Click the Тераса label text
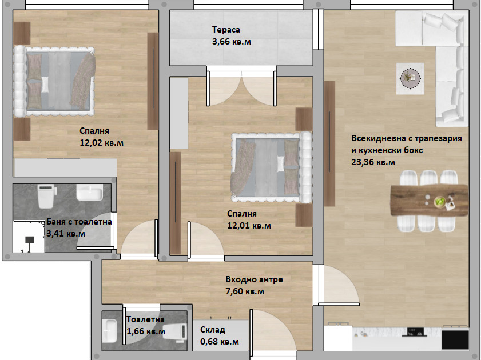pyautogui.click(x=226, y=30)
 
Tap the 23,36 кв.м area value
pyautogui.click(x=373, y=162)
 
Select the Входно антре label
pyautogui.click(x=254, y=279)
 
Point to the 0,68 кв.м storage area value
pyautogui.click(x=219, y=342)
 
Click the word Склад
pyautogui.click(x=213, y=330)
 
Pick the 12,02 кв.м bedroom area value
pyautogui.click(x=102, y=143)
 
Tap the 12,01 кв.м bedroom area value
pyautogui.click(x=249, y=226)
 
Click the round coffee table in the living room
pyautogui.click(x=410, y=78)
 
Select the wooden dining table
pyautogui.click(x=430, y=201)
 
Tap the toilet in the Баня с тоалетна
pyautogui.click(x=46, y=195)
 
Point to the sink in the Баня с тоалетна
pyautogui.click(x=90, y=193)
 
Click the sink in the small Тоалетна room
pyautogui.click(x=109, y=331)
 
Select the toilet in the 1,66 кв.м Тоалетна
pyautogui.click(x=175, y=331)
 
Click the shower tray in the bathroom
pyautogui.click(x=29, y=237)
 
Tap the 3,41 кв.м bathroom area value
pyautogui.click(x=66, y=234)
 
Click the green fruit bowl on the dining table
pyautogui.click(x=440, y=201)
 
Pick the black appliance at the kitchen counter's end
pyautogui.click(x=455, y=339)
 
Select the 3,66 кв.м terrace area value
pyautogui.click(x=231, y=42)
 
